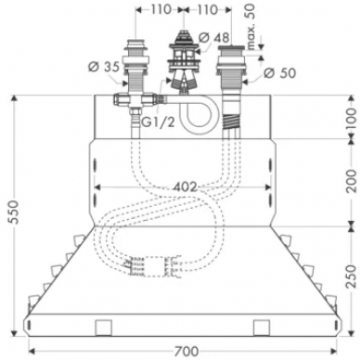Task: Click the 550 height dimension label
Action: click(14, 212)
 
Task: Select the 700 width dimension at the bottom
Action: click(186, 352)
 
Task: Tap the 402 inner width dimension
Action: click(185, 186)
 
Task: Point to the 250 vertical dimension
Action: click(351, 276)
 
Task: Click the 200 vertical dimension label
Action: click(351, 181)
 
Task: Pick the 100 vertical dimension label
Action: click(351, 120)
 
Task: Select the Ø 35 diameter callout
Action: click(104, 67)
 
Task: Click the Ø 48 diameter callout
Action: click(214, 38)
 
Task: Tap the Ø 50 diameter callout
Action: click(280, 73)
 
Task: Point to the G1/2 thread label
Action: click(159, 122)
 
